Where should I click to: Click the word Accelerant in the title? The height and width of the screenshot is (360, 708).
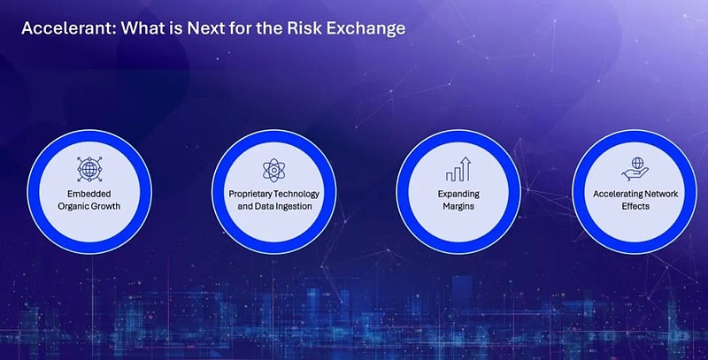(69, 28)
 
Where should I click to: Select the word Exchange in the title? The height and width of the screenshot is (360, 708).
(366, 29)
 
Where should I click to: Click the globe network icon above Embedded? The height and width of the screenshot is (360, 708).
(89, 170)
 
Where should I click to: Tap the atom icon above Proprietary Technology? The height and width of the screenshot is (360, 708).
(273, 170)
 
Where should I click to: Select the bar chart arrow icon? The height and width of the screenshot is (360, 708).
(458, 169)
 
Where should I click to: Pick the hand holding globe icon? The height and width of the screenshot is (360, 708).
(635, 169)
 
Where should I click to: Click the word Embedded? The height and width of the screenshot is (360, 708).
(89, 194)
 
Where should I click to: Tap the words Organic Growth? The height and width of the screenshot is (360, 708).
(89, 206)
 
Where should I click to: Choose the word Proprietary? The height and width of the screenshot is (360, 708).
(250, 194)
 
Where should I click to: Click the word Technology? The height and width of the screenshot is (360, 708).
(296, 194)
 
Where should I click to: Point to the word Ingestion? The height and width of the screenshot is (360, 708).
(293, 207)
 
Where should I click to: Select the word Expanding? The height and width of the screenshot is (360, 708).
(458, 194)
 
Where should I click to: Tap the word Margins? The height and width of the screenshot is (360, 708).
(458, 207)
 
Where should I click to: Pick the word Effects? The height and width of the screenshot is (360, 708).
(635, 206)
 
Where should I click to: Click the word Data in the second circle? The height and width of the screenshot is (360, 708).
(263, 206)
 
